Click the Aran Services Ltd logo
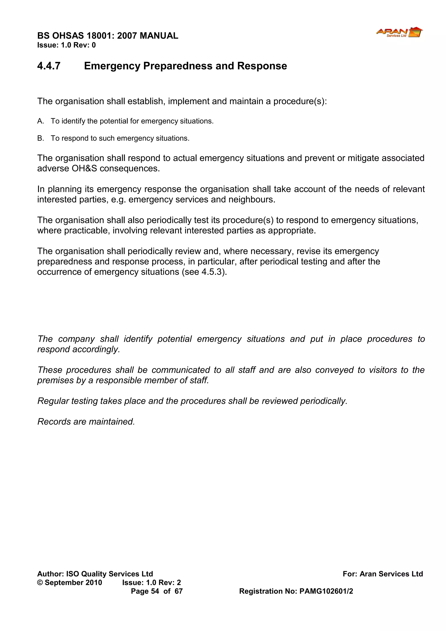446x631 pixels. (399, 32)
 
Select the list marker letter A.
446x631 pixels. (40, 121)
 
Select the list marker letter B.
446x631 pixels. (40, 138)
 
